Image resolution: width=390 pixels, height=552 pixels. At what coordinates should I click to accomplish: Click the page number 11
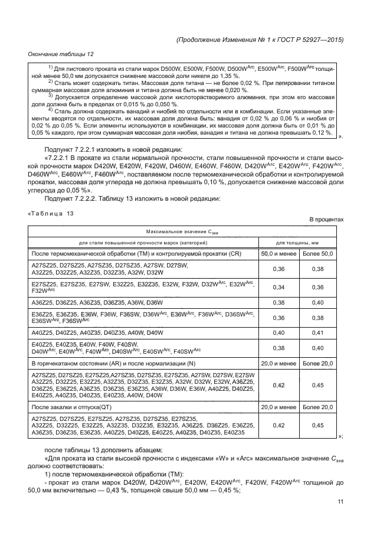click(x=340, y=502)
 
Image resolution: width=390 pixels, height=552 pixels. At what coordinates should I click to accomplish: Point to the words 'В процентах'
click(x=326, y=220)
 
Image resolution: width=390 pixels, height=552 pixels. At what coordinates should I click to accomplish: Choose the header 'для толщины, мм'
click(x=299, y=243)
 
